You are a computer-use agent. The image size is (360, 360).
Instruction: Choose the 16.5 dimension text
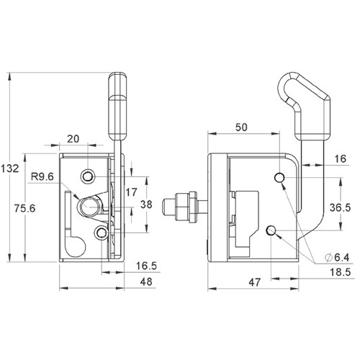[148, 266]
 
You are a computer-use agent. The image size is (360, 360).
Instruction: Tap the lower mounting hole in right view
[272, 230]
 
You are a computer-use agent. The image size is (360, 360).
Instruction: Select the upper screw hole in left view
[89, 176]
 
